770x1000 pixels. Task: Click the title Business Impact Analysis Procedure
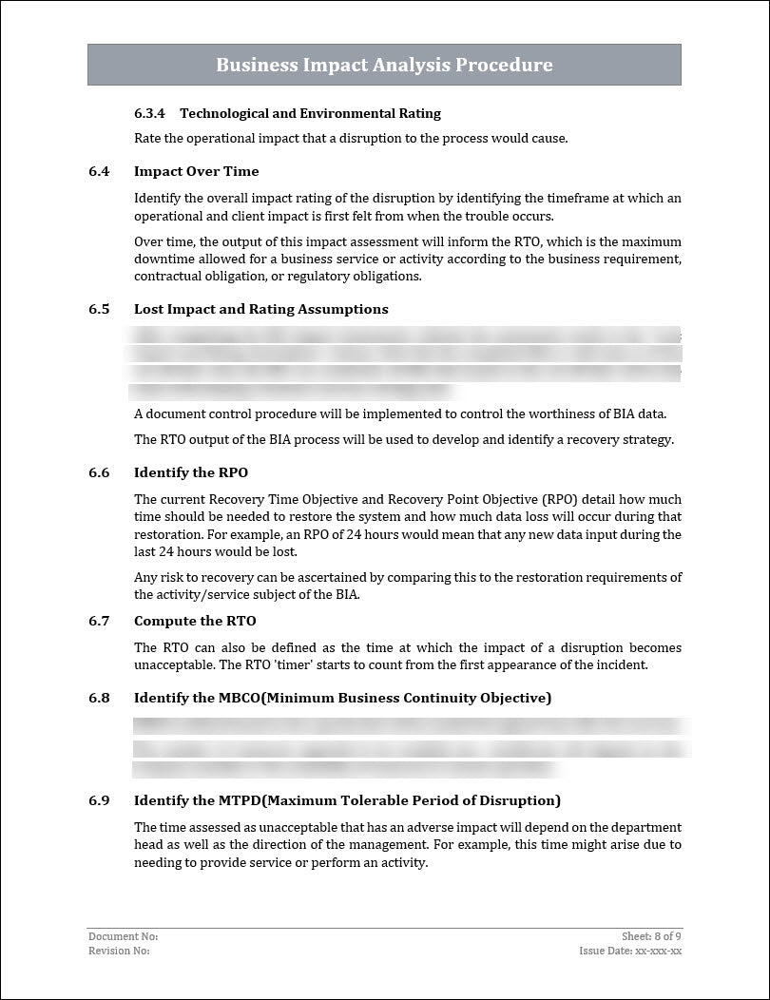click(x=384, y=65)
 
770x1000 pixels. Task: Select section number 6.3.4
click(x=149, y=113)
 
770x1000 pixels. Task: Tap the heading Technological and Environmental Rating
click(x=310, y=113)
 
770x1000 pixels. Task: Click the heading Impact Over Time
click(x=196, y=171)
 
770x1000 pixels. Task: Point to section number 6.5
click(x=99, y=309)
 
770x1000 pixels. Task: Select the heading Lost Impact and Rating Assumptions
click(x=260, y=309)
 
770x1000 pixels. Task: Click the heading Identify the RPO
click(x=190, y=472)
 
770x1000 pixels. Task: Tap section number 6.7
click(x=99, y=621)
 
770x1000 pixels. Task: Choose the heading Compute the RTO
click(x=195, y=621)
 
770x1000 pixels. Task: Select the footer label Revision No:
click(x=119, y=951)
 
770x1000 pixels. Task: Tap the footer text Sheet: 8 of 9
click(x=651, y=937)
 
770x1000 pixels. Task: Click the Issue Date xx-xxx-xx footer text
click(x=630, y=951)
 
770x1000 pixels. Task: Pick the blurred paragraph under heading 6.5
click(x=404, y=362)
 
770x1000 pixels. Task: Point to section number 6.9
click(x=99, y=800)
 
